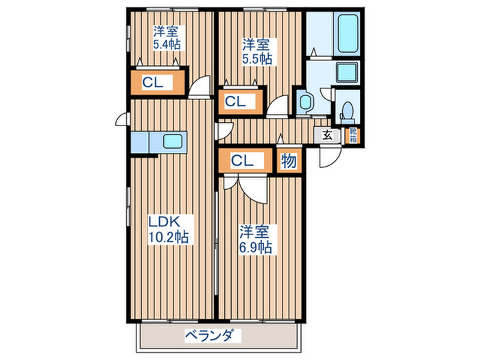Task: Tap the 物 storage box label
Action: click(x=289, y=162)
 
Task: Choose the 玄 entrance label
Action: click(x=327, y=134)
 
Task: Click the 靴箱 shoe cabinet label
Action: click(x=352, y=134)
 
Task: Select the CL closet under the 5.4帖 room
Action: click(x=153, y=82)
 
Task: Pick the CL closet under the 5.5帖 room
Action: click(x=235, y=101)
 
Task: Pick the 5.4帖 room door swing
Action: click(x=200, y=88)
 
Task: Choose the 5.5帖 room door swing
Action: click(x=278, y=108)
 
